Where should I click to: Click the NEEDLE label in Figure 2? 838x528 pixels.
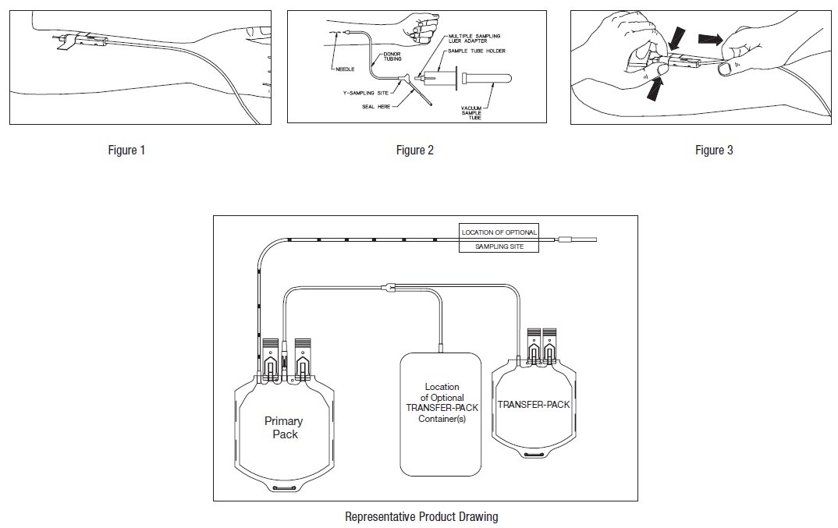tap(344, 69)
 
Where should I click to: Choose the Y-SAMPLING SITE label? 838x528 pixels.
tap(368, 93)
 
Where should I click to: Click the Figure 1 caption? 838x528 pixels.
tap(126, 151)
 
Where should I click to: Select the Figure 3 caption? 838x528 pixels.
tap(714, 151)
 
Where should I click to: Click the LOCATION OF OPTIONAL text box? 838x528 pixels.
tap(499, 232)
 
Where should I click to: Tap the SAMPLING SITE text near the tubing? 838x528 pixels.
tap(499, 246)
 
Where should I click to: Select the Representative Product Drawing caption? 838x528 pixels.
tap(421, 516)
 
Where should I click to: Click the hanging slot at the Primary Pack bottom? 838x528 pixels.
tap(286, 487)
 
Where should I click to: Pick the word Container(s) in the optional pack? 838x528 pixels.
tap(442, 420)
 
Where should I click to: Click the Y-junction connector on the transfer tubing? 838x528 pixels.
tap(388, 288)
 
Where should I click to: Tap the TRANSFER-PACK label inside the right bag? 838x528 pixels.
tap(534, 405)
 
